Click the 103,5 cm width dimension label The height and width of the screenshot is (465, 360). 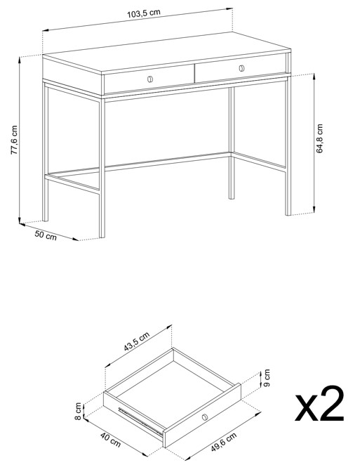coord(144,13)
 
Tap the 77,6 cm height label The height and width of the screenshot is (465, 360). coord(14,139)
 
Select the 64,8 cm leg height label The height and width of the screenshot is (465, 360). coord(319,138)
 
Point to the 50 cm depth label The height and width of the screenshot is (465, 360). coord(46,235)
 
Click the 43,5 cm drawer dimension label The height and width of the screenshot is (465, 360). coord(136,341)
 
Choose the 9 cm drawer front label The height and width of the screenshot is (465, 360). coord(267,378)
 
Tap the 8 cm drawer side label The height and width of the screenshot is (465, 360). coord(78,411)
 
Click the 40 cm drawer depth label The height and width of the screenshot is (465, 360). coord(110,440)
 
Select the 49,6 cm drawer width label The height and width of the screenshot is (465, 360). coord(224,442)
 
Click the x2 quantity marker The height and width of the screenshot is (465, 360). coord(320,404)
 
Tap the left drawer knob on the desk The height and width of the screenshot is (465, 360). coord(150,79)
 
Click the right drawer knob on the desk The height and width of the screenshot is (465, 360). coord(241,68)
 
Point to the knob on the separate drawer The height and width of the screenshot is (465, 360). coord(204,417)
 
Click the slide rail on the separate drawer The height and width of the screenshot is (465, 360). coord(141,422)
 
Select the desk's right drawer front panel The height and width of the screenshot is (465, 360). coord(240,69)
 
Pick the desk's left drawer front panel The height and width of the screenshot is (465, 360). coord(149,79)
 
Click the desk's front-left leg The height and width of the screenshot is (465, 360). coord(102,168)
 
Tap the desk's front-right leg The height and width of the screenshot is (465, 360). coord(288,145)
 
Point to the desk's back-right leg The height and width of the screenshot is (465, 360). coord(232,143)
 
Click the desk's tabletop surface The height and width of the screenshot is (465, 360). coord(166,53)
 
